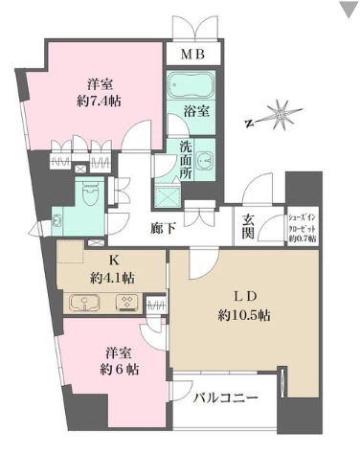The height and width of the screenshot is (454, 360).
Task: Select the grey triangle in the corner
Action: [347, 11]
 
